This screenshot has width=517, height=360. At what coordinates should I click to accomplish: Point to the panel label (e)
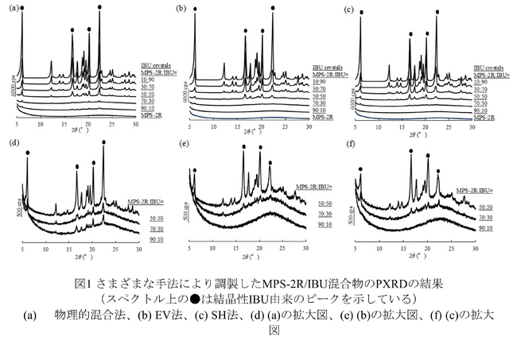click(185, 144)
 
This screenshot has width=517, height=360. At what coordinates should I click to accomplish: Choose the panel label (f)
click(352, 144)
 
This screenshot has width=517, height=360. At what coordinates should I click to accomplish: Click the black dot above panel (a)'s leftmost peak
click(21, 8)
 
